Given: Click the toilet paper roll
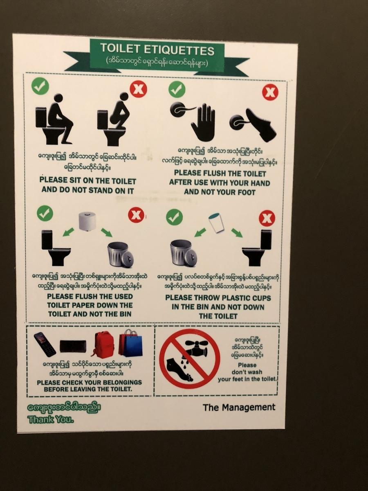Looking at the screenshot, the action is [x=88, y=221].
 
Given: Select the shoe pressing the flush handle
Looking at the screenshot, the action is [x=260, y=126].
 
